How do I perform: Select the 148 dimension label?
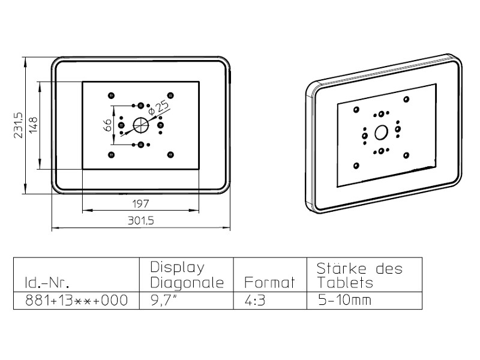click(33, 125)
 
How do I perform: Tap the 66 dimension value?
click(107, 125)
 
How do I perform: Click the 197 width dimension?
click(140, 203)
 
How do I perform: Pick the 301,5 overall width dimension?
click(140, 221)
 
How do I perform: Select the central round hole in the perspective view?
click(381, 132)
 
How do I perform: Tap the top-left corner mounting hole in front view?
click(110, 95)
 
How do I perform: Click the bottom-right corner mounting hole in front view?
click(171, 155)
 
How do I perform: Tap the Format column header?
click(270, 283)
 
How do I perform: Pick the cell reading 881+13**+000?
click(76, 300)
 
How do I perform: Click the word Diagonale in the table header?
click(187, 283)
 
